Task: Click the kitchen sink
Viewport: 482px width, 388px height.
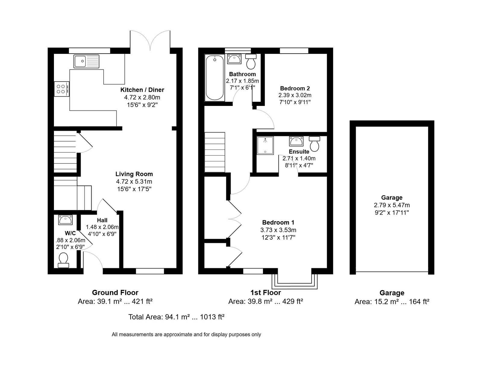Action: point(86,61)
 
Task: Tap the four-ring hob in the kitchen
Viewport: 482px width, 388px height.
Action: point(61,89)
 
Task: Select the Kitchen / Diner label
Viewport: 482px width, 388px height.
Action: point(142,90)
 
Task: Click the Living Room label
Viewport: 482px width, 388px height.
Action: point(134,174)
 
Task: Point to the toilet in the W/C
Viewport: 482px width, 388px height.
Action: point(63,260)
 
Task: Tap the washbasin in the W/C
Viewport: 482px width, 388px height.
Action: point(65,220)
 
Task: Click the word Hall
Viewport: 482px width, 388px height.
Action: point(102,220)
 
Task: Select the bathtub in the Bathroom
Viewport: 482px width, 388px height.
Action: point(214,77)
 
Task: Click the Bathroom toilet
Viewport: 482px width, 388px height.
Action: point(251,62)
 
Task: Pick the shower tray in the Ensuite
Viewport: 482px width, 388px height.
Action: point(265,145)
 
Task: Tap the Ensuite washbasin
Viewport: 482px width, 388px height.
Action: point(296,141)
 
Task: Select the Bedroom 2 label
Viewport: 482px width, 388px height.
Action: point(295,88)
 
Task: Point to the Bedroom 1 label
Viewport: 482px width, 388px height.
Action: point(278,222)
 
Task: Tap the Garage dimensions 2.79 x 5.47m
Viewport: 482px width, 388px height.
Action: point(392,205)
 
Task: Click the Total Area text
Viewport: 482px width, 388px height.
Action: point(176,317)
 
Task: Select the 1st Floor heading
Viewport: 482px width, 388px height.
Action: point(265,292)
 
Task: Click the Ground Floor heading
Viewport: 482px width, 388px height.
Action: point(115,292)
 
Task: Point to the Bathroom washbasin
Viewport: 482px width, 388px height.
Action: point(234,59)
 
